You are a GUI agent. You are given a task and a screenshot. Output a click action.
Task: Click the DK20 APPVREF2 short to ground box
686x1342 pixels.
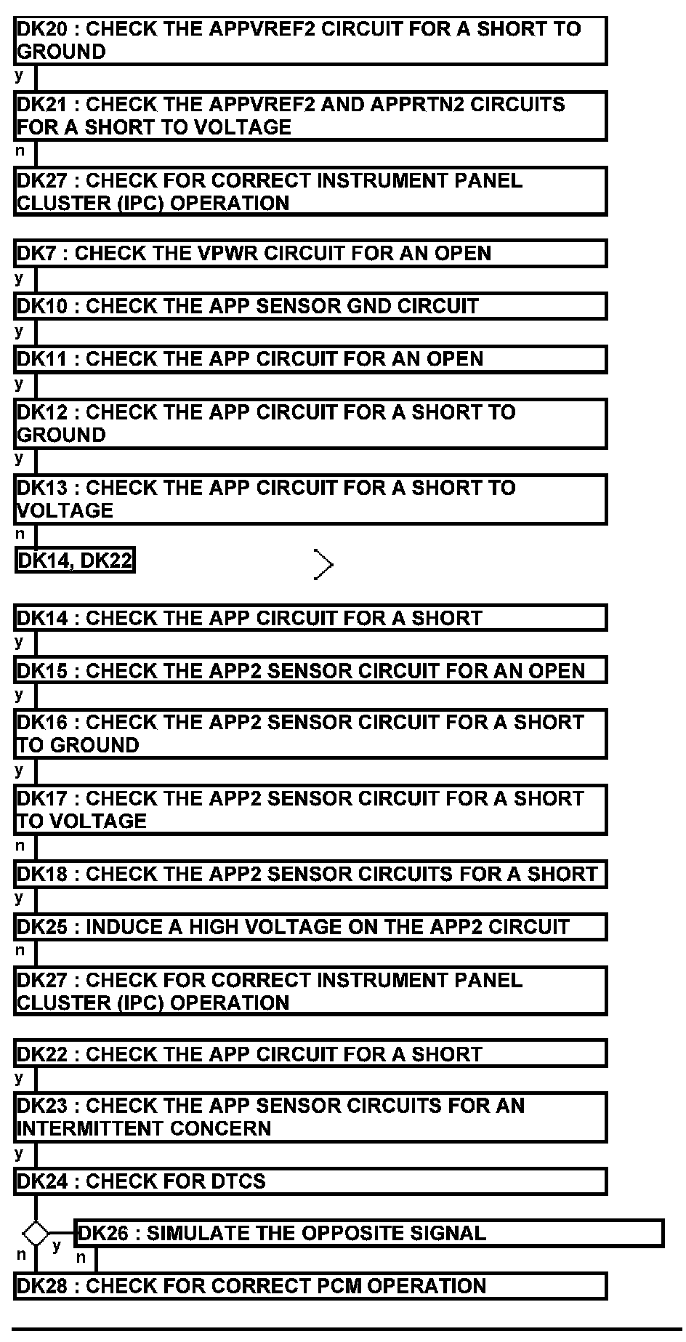(x=310, y=41)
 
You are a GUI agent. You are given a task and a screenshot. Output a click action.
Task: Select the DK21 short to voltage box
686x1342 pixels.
(x=310, y=116)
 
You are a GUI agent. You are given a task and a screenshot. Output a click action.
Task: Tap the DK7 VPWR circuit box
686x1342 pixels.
(x=310, y=254)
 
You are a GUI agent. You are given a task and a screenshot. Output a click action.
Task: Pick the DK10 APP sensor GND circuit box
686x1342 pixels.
(x=310, y=306)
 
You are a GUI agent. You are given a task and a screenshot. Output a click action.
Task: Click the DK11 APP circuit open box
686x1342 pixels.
(x=310, y=359)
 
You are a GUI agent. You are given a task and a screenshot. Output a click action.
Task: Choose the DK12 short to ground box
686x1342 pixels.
(x=310, y=423)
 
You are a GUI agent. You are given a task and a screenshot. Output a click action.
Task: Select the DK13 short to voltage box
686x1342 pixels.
(x=310, y=499)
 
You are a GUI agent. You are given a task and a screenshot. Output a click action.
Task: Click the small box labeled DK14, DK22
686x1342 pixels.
(x=75, y=560)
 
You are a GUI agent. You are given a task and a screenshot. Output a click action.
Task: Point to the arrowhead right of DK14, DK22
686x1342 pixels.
(x=324, y=564)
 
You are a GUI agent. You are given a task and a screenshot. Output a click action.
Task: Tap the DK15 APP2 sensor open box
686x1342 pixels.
(x=310, y=670)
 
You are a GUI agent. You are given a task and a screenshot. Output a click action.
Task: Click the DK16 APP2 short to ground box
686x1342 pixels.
(x=310, y=734)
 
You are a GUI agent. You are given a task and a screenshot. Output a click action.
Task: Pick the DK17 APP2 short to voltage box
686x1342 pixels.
(x=310, y=809)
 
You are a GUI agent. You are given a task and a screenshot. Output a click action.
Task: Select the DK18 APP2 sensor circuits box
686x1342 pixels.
(x=310, y=874)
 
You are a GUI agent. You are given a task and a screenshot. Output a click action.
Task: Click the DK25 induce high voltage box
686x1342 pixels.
(x=310, y=927)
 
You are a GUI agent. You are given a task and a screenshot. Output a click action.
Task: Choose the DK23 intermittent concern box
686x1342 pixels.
(x=310, y=1117)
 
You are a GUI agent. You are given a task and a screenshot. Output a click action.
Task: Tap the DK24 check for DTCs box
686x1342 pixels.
(x=310, y=1181)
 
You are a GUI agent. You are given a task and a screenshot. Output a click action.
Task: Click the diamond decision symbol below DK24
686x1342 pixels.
(x=35, y=1234)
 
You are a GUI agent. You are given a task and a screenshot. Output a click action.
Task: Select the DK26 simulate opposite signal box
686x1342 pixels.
(x=369, y=1234)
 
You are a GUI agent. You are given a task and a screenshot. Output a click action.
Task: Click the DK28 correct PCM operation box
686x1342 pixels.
(x=310, y=1286)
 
